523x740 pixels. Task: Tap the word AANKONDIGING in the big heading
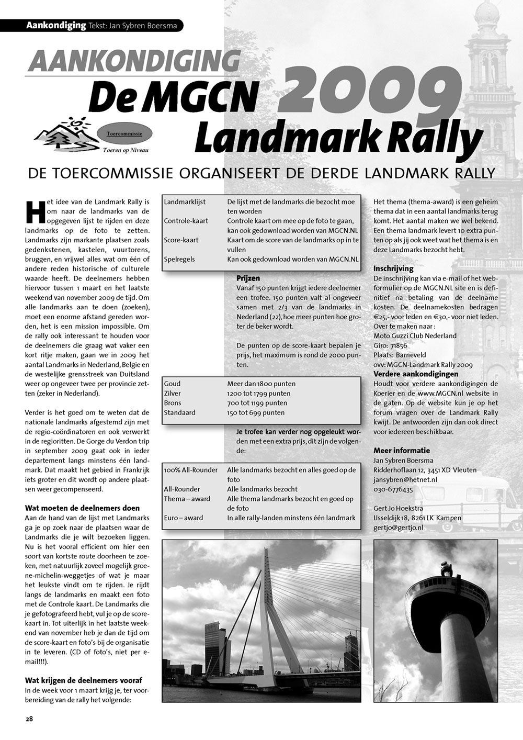pos(134,62)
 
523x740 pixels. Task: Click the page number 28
pos(29,719)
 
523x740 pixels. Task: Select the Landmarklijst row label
pos(185,201)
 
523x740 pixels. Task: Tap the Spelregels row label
pos(180,259)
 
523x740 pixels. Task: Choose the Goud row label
pos(172,384)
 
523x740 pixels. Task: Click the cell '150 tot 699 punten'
pos(256,412)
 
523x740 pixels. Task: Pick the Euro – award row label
pos(183,518)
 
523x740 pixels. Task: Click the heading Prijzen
pos(248,278)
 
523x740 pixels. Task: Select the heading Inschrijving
pos(393,268)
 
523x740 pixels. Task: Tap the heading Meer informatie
pos(402,450)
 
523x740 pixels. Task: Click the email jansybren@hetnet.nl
pos(405,479)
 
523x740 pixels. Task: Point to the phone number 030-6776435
pos(393,489)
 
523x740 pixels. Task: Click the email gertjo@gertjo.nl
pos(398,528)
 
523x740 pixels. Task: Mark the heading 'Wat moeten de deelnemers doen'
pos(82,508)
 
